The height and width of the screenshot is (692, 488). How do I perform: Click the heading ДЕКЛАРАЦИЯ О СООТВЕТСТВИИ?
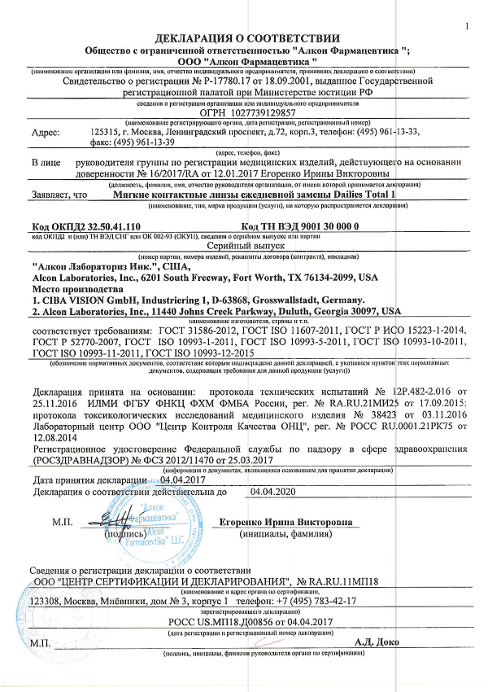click(243, 37)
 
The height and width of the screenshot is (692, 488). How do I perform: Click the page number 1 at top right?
click(468, 27)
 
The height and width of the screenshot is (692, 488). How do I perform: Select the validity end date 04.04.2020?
click(272, 492)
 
